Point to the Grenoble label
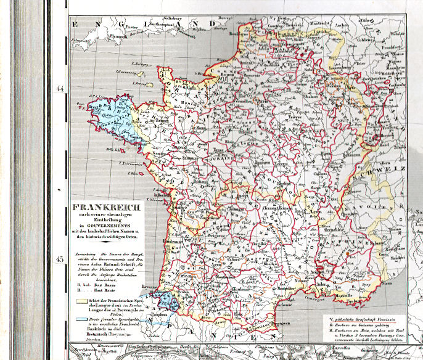pyautogui.click(x=344, y=237)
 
